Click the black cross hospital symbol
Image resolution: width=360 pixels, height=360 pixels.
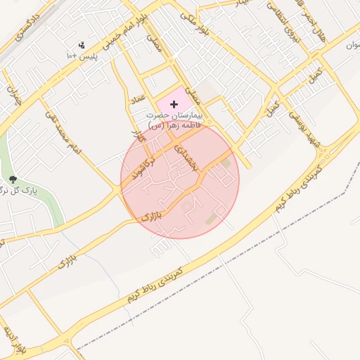(174, 104)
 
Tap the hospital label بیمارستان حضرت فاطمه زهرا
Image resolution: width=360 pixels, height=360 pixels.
(174, 119)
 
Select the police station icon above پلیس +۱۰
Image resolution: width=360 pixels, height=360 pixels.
(82, 44)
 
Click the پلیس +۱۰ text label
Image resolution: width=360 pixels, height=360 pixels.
(80, 55)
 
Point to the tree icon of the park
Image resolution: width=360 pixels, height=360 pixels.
(12, 180)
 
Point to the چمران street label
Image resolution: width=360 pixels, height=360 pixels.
(12, 95)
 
